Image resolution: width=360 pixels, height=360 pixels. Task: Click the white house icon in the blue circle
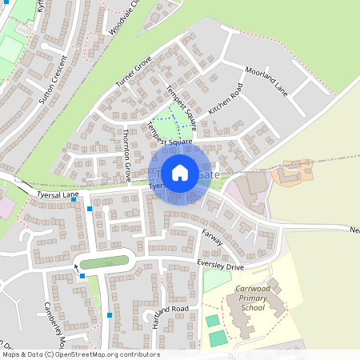pos(180,172)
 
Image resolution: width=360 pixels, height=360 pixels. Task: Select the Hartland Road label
pos(171,310)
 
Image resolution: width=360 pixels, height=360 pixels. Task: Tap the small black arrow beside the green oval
pos(78,268)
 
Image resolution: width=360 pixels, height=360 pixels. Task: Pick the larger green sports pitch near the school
pos(218,338)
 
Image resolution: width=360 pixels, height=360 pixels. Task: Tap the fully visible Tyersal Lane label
pos(57,194)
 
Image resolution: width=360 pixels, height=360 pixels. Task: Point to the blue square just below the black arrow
pos(82,276)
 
